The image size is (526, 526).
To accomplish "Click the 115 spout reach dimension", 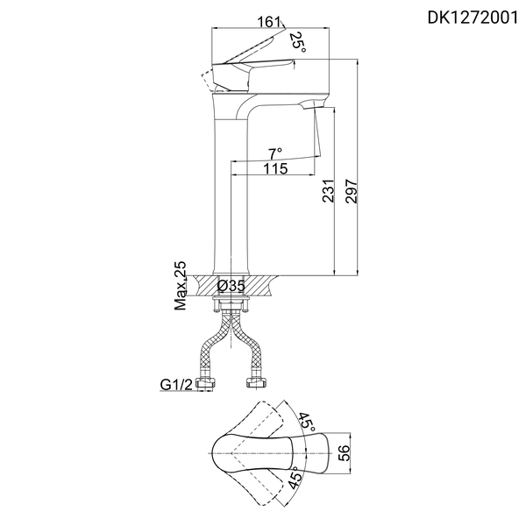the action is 275,169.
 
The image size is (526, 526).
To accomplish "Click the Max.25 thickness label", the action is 181,286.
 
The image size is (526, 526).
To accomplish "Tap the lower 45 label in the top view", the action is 296,482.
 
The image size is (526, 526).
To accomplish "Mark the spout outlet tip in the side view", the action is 308,105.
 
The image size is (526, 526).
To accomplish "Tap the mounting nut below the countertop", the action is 231,304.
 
